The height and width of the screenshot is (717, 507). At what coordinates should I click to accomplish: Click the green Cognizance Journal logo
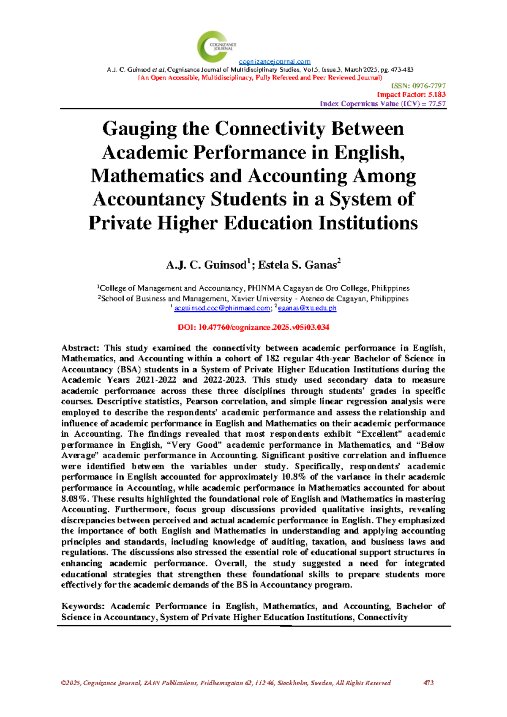[x=216, y=46]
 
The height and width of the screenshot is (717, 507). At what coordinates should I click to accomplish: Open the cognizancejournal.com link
[x=275, y=62]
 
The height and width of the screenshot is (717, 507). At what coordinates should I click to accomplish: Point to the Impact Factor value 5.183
[x=436, y=95]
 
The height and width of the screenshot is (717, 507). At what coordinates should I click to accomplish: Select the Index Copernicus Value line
[x=382, y=104]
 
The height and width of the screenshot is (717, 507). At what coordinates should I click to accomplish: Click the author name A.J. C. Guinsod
[x=206, y=265]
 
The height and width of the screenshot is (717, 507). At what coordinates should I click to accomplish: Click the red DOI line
[x=253, y=327]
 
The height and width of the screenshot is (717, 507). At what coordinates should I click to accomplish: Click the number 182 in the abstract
[x=273, y=358]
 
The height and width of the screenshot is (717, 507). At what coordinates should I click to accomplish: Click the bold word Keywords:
[x=83, y=606]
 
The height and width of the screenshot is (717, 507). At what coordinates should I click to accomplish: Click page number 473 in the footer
[x=428, y=683]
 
